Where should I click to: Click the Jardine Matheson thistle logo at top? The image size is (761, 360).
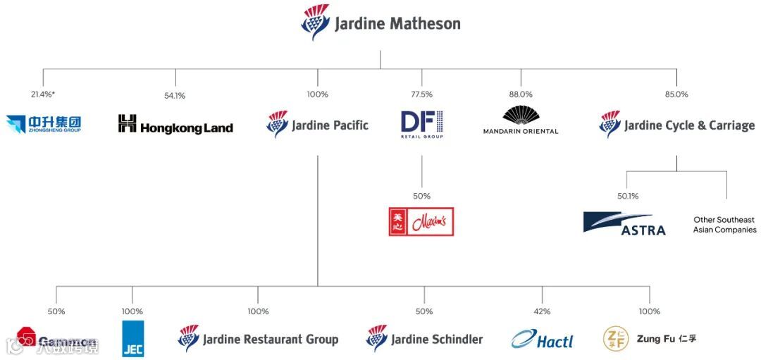click(314, 23)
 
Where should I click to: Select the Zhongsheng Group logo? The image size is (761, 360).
click(44, 124)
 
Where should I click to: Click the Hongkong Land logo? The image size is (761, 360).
click(175, 125)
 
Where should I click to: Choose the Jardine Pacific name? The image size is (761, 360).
click(330, 125)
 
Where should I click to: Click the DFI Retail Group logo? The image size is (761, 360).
click(421, 124)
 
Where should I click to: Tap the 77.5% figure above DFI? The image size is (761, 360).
click(421, 94)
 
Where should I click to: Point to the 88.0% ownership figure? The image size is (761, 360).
click(521, 94)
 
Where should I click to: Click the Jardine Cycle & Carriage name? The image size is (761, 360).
click(689, 125)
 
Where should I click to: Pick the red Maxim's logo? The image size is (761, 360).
click(421, 221)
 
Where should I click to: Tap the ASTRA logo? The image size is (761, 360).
click(624, 223)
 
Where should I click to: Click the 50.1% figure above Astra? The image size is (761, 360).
click(628, 197)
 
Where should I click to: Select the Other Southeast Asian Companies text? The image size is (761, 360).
click(724, 225)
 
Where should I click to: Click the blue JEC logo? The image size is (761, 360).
click(132, 338)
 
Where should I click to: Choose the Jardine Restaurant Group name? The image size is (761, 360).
click(270, 340)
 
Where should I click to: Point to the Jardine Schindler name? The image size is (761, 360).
click(437, 340)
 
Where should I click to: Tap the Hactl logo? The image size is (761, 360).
click(542, 340)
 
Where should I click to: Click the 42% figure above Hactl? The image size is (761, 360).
click(542, 311)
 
